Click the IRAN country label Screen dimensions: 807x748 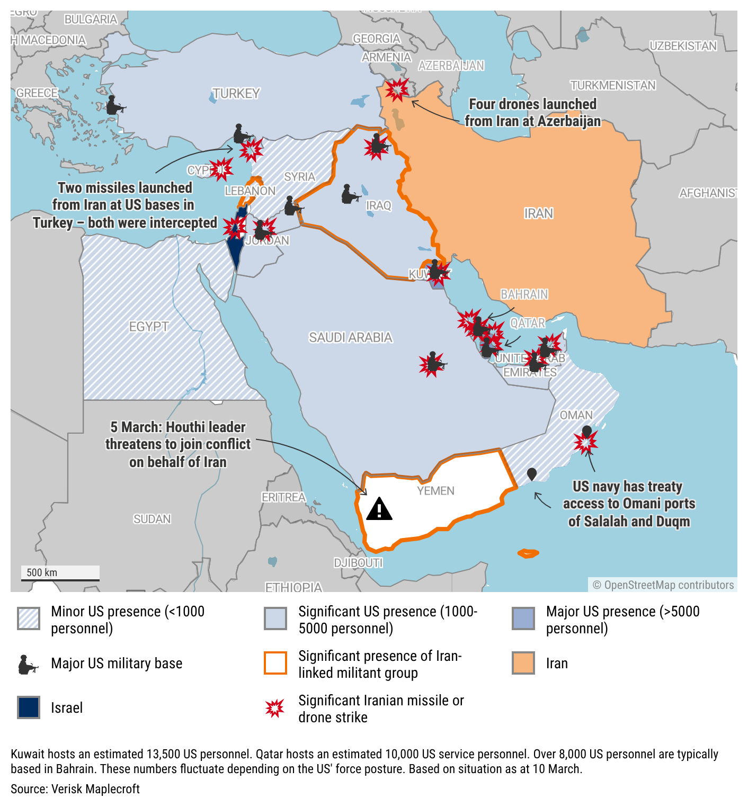coord(539,213)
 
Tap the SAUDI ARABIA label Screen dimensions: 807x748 coord(350,337)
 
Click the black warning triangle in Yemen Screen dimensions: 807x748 coord(379,509)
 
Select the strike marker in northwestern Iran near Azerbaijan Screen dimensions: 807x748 coord(397,89)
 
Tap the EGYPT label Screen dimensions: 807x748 coord(149,327)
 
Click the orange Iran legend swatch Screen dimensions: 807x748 coord(523,663)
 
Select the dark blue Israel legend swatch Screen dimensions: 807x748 coord(29,707)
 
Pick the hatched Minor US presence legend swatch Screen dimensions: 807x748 coord(29,618)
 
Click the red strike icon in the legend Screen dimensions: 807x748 coord(275,708)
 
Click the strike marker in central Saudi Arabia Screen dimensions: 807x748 coord(432,364)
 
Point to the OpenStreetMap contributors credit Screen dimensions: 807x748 coord(663,585)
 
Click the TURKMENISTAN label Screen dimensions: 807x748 coord(613,85)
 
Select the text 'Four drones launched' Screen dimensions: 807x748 coord(532,104)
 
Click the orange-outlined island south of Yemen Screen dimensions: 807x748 coord(528,553)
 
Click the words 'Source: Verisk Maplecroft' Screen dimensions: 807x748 coord(75,789)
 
